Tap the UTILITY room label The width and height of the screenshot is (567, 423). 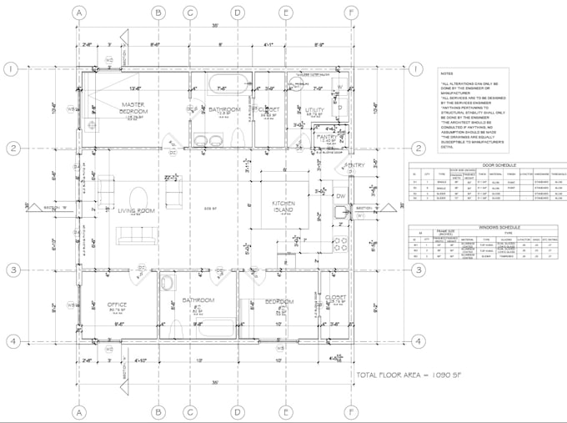coord(314,109)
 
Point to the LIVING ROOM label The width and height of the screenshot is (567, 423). coord(136,211)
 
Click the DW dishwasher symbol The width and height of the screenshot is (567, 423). coord(340,196)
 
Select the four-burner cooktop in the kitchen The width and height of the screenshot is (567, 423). coord(340,244)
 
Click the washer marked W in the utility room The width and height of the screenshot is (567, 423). coord(340,86)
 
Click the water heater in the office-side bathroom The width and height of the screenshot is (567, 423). coord(168,282)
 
